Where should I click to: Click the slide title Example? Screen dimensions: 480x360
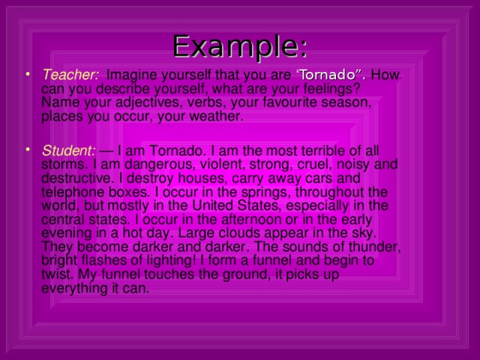[240, 46]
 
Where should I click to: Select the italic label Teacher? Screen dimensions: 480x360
[70, 75]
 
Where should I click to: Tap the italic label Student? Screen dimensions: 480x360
[69, 151]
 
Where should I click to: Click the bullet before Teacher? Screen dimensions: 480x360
[28, 73]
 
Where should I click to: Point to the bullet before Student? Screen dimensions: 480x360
[28, 149]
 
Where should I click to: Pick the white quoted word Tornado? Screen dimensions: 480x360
[327, 75]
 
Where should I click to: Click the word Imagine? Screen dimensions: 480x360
[132, 76]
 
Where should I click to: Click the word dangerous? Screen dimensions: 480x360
[160, 165]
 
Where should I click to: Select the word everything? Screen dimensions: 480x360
[75, 289]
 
